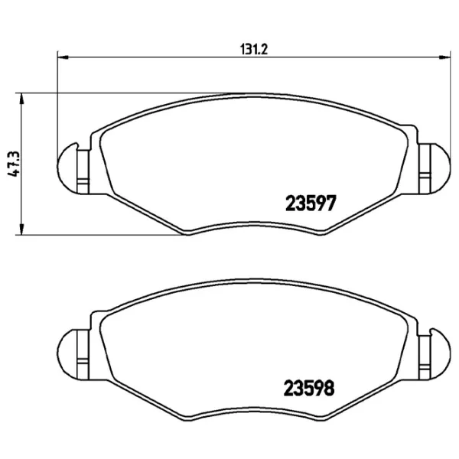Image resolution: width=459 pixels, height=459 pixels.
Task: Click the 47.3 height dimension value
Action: [12, 164]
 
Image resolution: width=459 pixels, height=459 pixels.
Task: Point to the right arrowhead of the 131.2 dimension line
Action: [445, 56]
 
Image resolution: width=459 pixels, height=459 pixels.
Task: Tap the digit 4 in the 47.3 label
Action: [12, 174]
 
